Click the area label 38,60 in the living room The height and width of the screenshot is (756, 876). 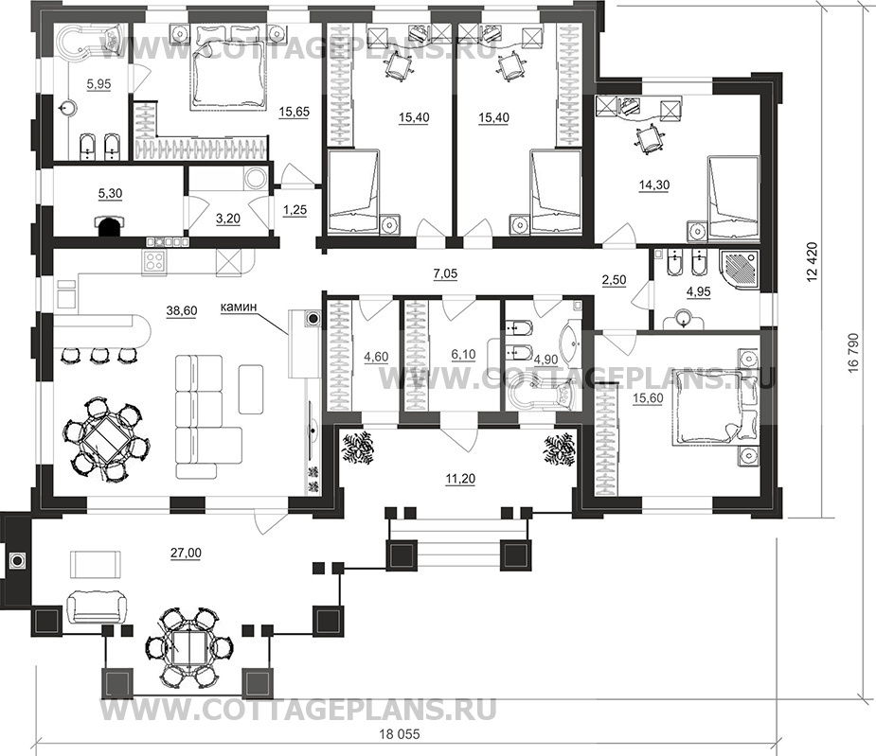182,311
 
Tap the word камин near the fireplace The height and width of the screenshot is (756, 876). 239,306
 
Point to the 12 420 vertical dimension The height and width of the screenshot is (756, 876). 813,261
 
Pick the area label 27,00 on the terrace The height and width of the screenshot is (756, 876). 187,554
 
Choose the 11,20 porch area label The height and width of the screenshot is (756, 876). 460,479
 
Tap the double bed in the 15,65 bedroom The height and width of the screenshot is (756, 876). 229,68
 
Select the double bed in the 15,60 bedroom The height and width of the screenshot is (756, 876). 707,409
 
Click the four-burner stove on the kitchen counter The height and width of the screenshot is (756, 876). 154,260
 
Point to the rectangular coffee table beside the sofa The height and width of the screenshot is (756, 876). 251,389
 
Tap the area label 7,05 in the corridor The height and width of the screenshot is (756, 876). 445,273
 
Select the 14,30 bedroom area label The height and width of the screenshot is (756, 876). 654,185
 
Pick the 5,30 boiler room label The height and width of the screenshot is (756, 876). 110,194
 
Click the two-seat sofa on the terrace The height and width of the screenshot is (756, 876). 95,608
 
